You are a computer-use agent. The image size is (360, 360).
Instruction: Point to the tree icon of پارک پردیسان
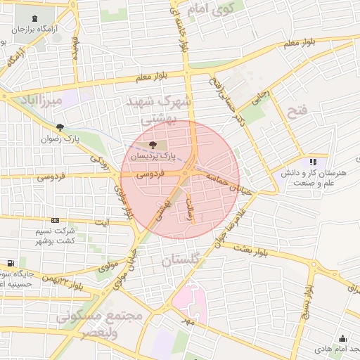(154, 145)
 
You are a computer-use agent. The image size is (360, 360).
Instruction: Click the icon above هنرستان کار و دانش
(313, 162)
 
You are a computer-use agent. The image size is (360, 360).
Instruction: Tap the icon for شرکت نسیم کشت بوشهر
(56, 221)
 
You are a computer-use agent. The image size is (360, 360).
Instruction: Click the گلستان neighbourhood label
(181, 261)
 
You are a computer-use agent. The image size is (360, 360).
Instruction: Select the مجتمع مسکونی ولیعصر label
(99, 324)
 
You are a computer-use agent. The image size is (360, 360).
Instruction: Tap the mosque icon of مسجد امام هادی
(342, 339)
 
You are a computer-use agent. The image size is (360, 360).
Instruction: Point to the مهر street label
(187, 321)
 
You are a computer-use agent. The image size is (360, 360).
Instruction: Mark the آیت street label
(103, 223)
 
